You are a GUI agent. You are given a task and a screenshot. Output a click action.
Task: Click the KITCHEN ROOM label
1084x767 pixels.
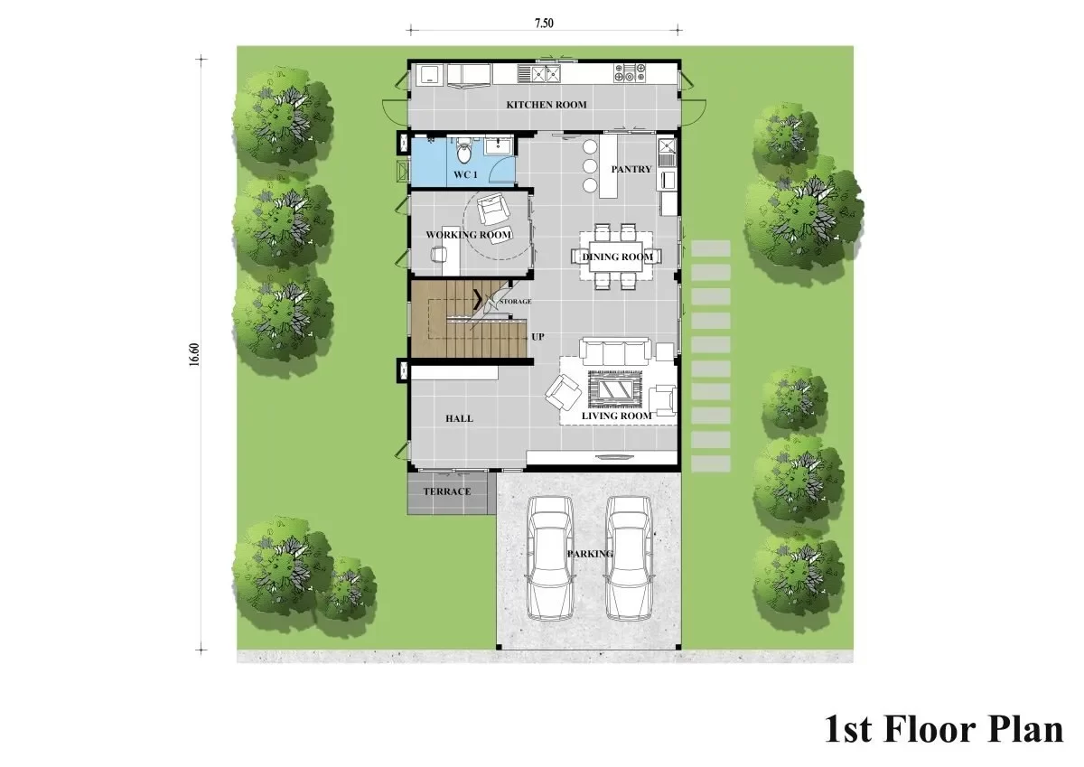click(x=547, y=105)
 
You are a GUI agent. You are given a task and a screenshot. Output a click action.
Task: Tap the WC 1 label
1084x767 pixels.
click(x=465, y=174)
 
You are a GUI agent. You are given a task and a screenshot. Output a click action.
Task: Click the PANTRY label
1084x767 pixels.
click(x=631, y=169)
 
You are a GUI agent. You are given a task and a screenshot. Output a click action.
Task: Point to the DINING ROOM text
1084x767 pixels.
click(x=618, y=257)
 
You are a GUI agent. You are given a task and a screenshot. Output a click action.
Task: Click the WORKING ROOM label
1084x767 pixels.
click(x=469, y=235)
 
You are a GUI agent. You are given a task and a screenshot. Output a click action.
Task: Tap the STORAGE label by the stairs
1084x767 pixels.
click(x=516, y=302)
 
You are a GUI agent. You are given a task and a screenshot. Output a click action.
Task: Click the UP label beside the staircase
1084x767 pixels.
click(x=537, y=337)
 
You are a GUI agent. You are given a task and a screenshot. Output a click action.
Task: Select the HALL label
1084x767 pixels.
click(x=459, y=418)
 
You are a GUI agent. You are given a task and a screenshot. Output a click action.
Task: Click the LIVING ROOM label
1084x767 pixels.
click(x=616, y=416)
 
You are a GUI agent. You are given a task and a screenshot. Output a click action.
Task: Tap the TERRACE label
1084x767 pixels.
click(x=447, y=491)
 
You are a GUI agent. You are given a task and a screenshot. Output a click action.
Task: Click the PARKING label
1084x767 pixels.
click(x=590, y=554)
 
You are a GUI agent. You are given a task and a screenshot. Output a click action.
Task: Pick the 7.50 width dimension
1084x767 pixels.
click(x=545, y=23)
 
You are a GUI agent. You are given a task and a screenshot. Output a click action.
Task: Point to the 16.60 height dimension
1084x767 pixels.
click(x=194, y=355)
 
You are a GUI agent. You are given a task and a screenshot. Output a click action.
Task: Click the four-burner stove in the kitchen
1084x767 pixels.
click(x=630, y=72)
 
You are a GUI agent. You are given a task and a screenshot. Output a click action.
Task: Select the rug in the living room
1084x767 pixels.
click(x=615, y=388)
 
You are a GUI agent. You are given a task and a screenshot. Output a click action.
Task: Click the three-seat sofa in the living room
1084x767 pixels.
click(x=615, y=351)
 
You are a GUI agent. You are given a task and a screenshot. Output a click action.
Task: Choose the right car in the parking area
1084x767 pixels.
click(x=629, y=558)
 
